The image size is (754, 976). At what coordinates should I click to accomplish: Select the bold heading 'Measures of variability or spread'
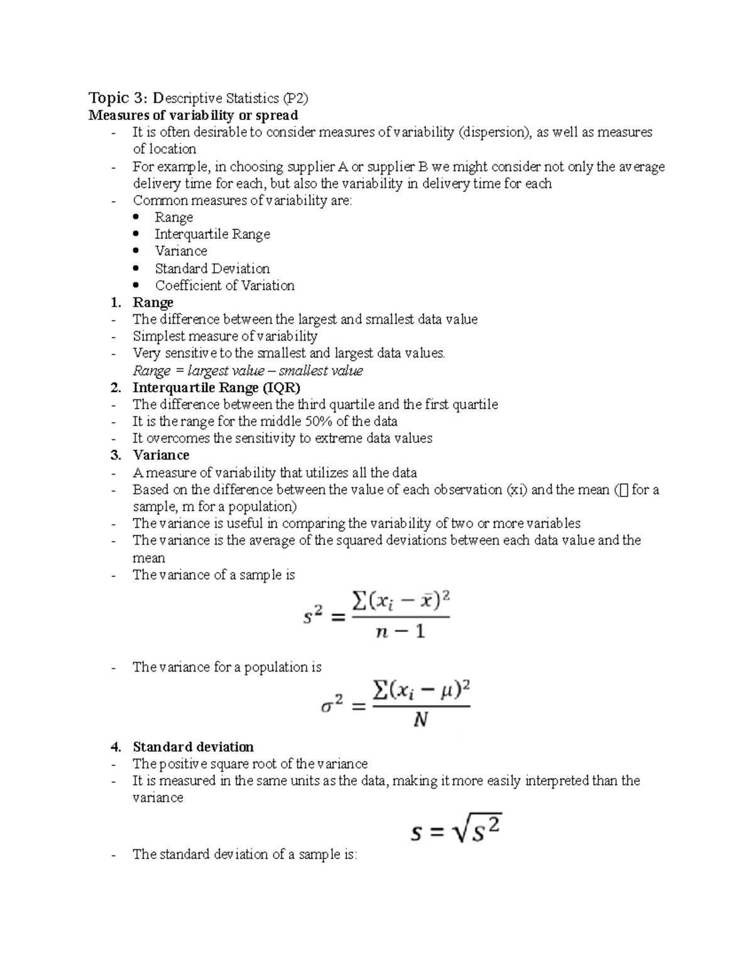(x=193, y=115)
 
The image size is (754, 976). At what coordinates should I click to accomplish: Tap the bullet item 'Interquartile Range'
(x=212, y=234)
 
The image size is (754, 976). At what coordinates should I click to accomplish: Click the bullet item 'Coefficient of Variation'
(x=224, y=285)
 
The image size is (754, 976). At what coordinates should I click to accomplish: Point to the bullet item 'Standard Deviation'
(x=212, y=268)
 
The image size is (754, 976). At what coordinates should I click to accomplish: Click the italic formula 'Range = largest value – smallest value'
(x=248, y=371)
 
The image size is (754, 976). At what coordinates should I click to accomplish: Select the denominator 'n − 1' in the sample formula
(x=400, y=632)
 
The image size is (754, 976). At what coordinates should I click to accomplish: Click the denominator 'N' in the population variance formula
(x=420, y=720)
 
